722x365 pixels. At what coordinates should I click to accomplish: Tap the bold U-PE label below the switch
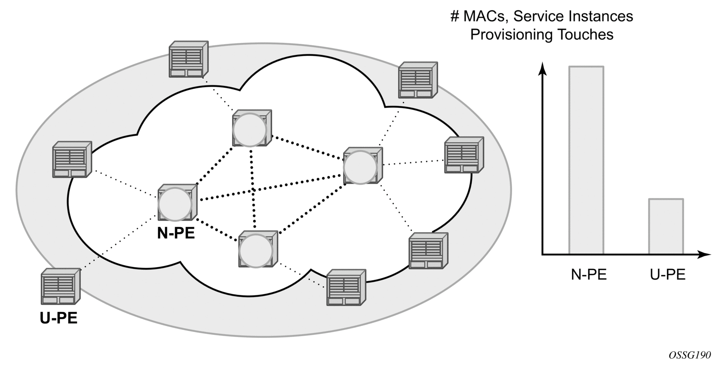(58, 318)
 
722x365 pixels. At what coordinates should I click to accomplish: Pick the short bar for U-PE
(666, 226)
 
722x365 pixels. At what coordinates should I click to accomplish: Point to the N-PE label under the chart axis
(588, 274)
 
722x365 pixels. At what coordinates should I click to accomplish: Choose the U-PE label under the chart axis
(667, 274)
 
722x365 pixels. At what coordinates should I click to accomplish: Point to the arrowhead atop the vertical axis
(543, 68)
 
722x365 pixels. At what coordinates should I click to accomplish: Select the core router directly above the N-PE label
(176, 203)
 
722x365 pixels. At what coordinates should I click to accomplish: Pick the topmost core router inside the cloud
(251, 128)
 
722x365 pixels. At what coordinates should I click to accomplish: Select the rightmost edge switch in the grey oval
(464, 155)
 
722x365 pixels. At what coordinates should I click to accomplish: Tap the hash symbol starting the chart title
(455, 16)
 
